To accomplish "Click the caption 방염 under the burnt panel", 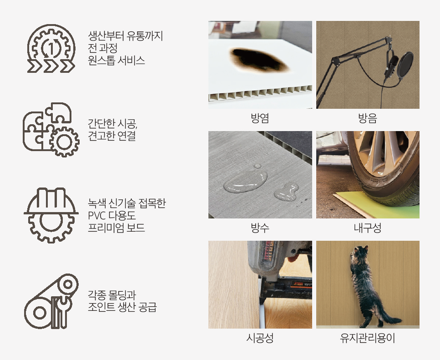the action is click(x=260, y=118).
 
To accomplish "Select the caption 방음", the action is click(x=368, y=118).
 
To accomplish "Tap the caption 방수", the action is click(x=260, y=228).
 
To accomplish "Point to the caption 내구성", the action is click(x=368, y=228).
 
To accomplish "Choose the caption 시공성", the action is click(x=260, y=338).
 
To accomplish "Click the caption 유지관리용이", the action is click(x=368, y=338).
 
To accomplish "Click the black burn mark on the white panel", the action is click(x=259, y=60).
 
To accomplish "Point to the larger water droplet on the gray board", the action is click(x=245, y=182).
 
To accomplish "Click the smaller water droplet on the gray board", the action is click(x=286, y=192).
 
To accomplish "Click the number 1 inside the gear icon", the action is click(x=51, y=48).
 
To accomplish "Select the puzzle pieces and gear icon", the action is click(x=51, y=129).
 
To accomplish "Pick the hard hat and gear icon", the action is click(x=51, y=215).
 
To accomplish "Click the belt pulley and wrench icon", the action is click(x=51, y=301).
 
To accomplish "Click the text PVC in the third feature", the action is click(x=96, y=215).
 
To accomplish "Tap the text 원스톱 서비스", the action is click(x=116, y=61).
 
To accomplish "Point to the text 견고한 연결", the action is click(x=111, y=136).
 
